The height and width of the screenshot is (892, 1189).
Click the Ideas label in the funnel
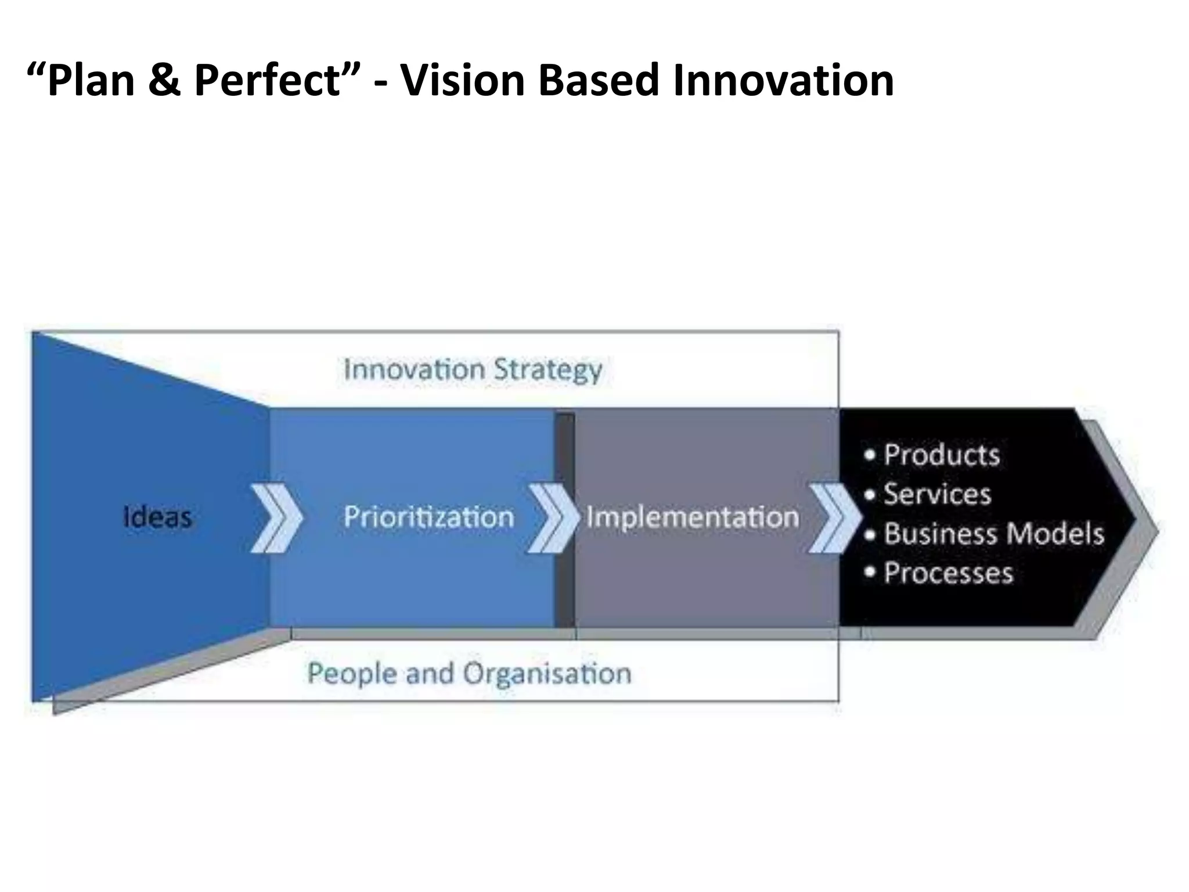157,517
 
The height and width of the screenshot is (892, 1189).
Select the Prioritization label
428,517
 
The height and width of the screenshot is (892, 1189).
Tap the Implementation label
693,517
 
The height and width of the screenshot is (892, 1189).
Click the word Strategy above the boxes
547,370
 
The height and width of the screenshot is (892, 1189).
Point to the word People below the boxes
351,674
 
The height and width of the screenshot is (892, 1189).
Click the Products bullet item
941,455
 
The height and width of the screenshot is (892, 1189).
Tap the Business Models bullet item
993,534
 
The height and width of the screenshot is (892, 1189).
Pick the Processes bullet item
948,573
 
